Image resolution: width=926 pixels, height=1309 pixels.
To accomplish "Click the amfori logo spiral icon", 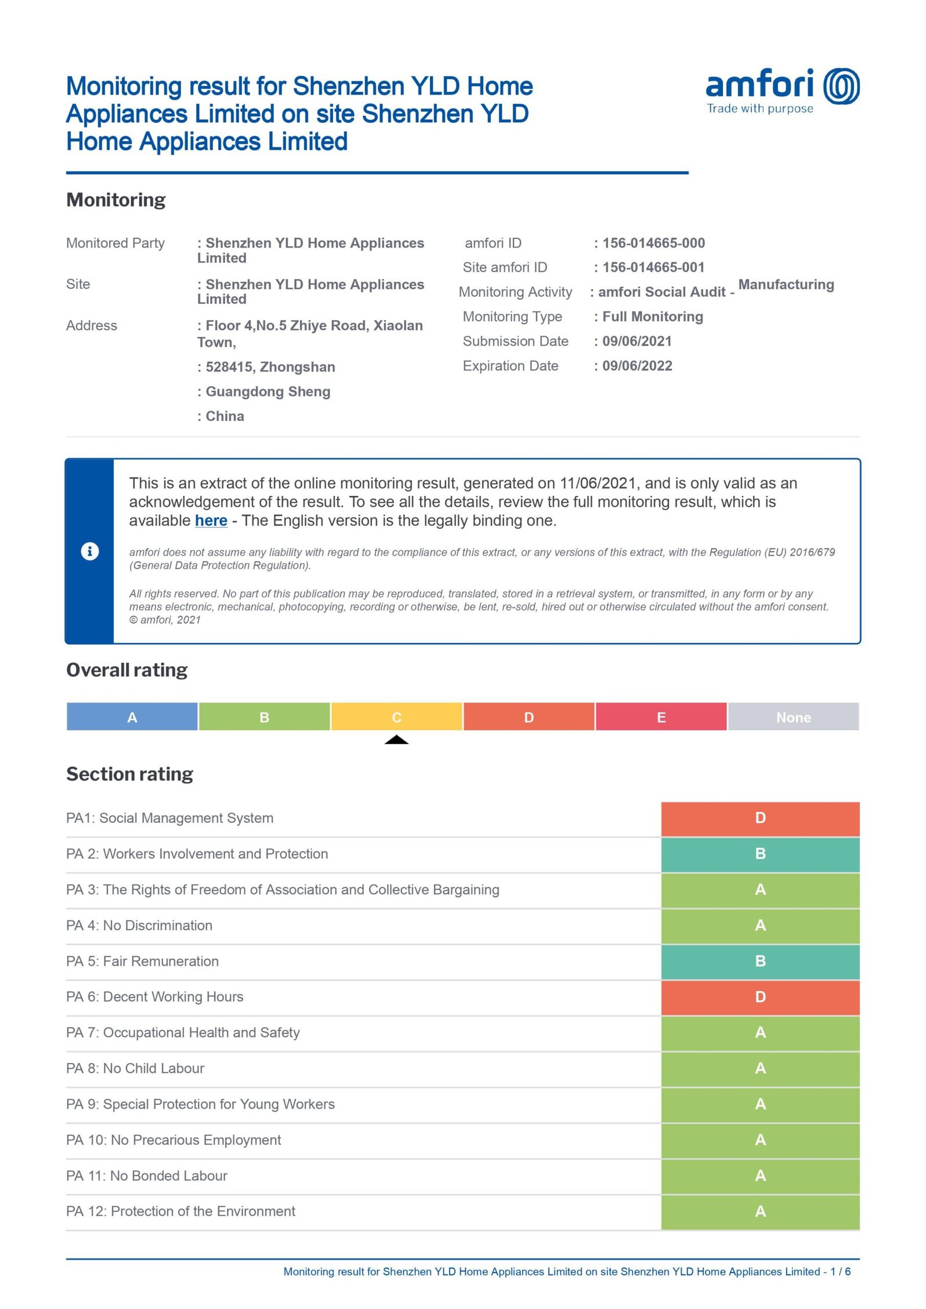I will click(x=841, y=86).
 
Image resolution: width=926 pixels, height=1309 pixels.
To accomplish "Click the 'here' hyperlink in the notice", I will click(x=211, y=520).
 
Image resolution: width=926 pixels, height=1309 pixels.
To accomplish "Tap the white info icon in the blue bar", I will click(x=90, y=551).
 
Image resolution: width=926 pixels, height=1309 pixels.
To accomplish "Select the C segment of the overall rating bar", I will click(x=396, y=717).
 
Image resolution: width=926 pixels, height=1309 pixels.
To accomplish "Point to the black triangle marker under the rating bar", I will click(x=396, y=740).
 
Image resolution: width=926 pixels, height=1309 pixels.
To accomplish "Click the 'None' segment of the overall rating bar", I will click(x=793, y=717).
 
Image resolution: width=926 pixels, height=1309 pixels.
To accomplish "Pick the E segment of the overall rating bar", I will click(x=661, y=717).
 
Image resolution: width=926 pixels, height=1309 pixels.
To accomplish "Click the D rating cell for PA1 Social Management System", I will click(x=760, y=818).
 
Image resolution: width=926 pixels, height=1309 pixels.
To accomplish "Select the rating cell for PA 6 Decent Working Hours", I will click(x=760, y=997).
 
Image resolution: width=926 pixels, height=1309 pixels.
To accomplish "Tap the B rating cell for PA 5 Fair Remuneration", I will click(x=760, y=961).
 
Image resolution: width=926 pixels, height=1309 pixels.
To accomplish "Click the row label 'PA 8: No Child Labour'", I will click(x=135, y=1068).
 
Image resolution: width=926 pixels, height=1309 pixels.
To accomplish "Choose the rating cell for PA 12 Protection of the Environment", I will click(x=760, y=1211).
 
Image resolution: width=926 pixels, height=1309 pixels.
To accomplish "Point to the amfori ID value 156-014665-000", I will click(x=653, y=243).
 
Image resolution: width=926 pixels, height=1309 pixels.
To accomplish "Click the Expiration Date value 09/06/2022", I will click(x=637, y=366).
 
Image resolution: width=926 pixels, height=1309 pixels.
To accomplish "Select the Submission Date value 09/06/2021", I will click(x=637, y=341).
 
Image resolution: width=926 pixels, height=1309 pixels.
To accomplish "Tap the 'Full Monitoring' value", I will click(x=652, y=317).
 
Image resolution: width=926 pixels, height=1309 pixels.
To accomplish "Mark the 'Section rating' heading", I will click(x=130, y=774).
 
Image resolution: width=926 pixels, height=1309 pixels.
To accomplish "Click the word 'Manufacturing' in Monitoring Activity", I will click(x=786, y=285).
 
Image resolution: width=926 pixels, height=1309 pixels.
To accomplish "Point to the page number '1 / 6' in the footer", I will click(x=840, y=1271).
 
